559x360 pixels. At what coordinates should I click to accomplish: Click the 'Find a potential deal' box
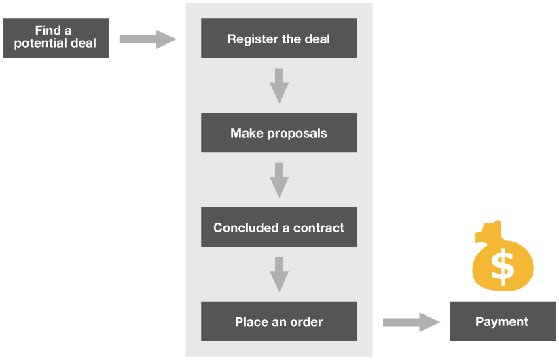coord(56,37)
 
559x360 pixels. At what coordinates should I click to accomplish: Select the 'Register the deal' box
coord(278,39)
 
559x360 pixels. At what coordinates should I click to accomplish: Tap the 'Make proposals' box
coord(278,132)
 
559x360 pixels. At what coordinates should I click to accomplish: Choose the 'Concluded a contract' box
coord(278,228)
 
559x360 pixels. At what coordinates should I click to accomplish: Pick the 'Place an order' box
coord(278,321)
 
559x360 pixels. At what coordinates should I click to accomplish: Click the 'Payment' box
coord(502,321)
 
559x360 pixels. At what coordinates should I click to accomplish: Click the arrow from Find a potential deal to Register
coord(147,39)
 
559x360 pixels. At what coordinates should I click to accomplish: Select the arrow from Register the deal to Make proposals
coord(278,86)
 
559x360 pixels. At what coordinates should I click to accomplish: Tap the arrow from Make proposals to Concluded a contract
coord(278,180)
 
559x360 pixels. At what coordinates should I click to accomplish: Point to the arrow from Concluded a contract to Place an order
coord(278,274)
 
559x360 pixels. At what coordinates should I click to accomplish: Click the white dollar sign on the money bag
coord(503,266)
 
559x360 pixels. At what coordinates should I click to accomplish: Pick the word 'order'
coord(306,321)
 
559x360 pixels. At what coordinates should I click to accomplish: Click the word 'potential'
coord(39,43)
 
